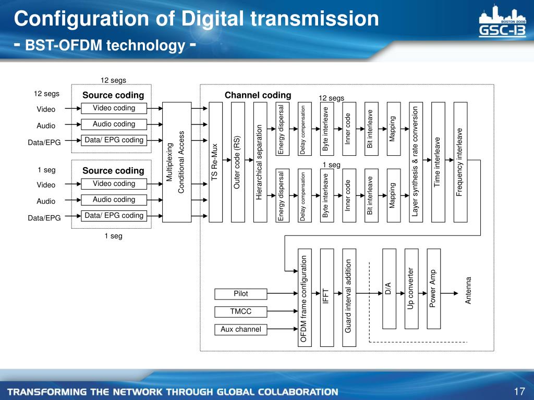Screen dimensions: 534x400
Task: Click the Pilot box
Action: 241,294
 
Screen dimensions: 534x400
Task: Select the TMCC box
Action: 241,311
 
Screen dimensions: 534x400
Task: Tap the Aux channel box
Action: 241,329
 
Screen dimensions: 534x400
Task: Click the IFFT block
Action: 326,297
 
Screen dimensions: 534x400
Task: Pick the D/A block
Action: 389,289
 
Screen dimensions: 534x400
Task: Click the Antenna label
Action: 468,291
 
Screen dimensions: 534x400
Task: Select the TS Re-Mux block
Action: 215,162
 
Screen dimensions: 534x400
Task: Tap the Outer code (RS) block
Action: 238,162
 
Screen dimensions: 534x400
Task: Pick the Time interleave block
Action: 438,162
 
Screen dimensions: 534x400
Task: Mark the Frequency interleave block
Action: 460,162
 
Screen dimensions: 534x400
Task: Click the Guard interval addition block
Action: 349,297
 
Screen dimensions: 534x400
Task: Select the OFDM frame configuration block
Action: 304,297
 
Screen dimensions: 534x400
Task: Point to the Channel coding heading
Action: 258,95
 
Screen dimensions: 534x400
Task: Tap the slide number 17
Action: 518,392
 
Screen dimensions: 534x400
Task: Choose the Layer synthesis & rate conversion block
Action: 416,162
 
